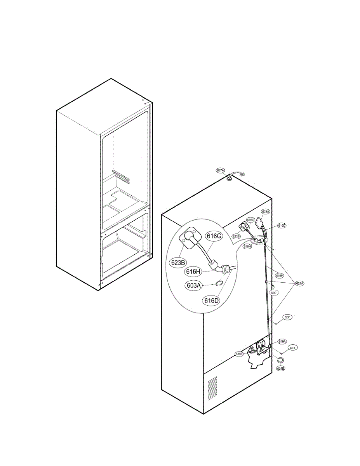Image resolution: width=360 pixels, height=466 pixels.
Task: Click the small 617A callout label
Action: [220, 170]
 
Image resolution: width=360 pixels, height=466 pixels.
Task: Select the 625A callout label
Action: [265, 212]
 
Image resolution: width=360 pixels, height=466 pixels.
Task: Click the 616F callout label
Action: [279, 275]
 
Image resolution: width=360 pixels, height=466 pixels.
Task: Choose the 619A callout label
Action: [282, 342]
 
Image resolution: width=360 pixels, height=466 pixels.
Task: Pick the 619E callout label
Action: [239, 354]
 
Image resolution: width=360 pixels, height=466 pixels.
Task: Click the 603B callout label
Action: [280, 368]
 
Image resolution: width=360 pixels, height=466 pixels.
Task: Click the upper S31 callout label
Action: [288, 317]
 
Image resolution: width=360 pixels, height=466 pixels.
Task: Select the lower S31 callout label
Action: [293, 348]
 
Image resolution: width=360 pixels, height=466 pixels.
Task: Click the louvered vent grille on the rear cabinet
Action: [212, 388]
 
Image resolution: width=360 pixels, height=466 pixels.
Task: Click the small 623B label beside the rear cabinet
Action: [237, 236]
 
